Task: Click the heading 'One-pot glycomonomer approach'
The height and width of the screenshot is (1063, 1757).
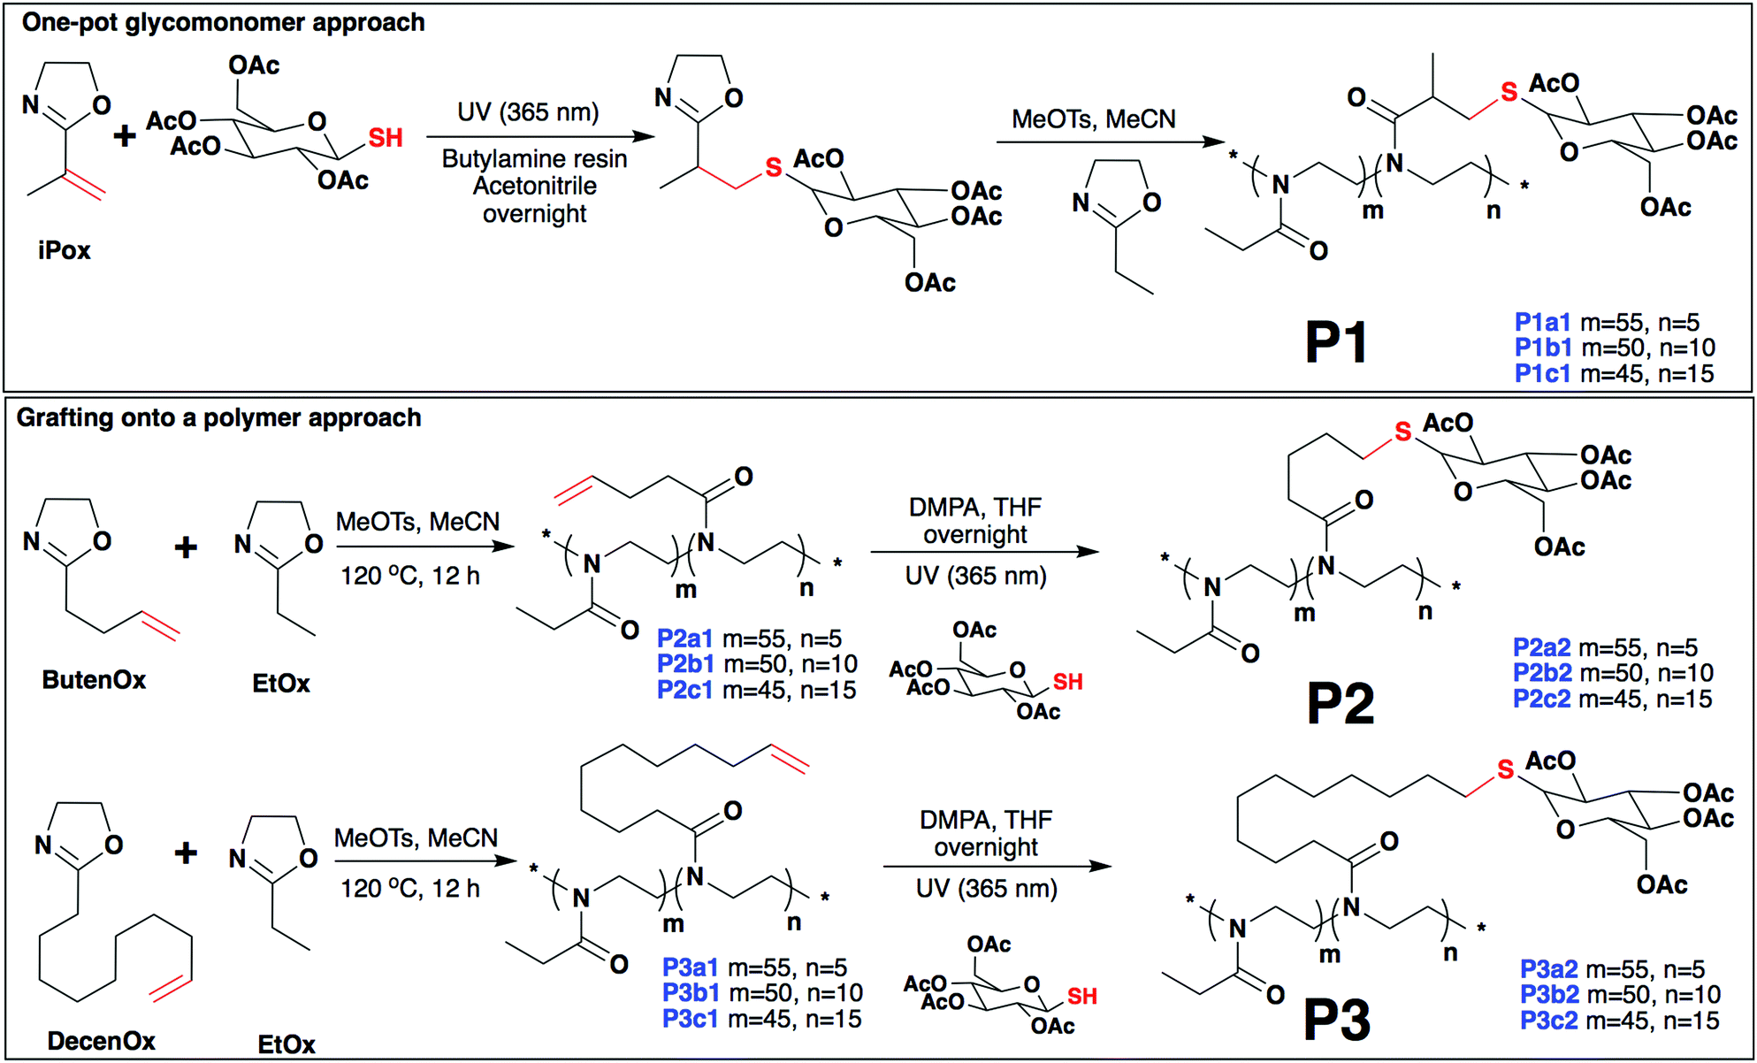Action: tap(223, 23)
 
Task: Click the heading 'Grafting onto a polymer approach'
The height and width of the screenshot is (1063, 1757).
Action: tap(218, 417)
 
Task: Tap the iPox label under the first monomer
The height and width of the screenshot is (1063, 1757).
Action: tap(64, 250)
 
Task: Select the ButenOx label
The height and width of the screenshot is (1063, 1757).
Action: tap(94, 680)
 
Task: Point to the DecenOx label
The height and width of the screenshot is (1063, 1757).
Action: tap(101, 1041)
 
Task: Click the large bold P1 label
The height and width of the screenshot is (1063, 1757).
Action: tap(1336, 343)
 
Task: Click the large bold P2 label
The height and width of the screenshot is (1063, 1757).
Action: tap(1341, 704)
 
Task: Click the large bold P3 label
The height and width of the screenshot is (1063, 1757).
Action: tap(1337, 1020)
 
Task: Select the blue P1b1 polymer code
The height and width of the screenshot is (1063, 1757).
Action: tap(1542, 348)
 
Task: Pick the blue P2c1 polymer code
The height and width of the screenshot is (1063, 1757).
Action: tap(684, 690)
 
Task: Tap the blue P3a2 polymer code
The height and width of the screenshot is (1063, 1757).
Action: tap(1548, 969)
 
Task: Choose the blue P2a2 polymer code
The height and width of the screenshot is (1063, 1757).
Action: tap(1541, 647)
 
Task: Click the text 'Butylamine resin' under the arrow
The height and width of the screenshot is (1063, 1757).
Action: tap(534, 159)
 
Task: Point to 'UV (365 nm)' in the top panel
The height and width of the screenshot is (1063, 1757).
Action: tap(528, 112)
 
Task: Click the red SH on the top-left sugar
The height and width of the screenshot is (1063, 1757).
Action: tap(386, 138)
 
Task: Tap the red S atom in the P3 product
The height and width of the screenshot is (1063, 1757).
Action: tap(1505, 770)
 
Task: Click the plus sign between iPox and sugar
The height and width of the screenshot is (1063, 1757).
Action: tap(125, 135)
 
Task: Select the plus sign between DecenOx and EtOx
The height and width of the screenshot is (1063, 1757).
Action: tap(186, 853)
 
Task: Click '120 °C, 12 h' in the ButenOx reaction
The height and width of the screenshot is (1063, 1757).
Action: tap(410, 577)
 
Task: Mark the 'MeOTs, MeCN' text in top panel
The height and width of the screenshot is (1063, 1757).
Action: tap(1093, 119)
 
